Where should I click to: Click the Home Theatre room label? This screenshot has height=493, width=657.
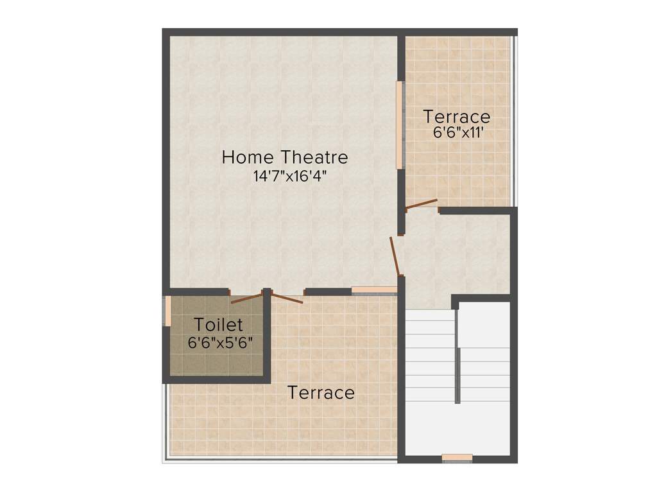285,157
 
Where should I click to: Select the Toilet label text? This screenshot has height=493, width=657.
219,324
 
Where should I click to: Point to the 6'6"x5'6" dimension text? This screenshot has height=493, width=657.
220,343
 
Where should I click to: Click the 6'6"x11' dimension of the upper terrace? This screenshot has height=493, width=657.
457,133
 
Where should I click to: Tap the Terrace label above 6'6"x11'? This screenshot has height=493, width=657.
457,117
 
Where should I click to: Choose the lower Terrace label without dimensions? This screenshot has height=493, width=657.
321,392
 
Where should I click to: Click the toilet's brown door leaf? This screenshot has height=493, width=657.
246,298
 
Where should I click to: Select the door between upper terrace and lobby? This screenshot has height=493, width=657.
422,205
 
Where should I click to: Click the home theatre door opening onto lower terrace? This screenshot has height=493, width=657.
287,297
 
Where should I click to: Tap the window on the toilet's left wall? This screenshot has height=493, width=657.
167,311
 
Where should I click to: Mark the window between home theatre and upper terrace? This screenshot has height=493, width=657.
400,125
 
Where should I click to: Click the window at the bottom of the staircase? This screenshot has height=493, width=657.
457,458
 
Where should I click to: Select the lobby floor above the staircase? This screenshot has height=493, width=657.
449,257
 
